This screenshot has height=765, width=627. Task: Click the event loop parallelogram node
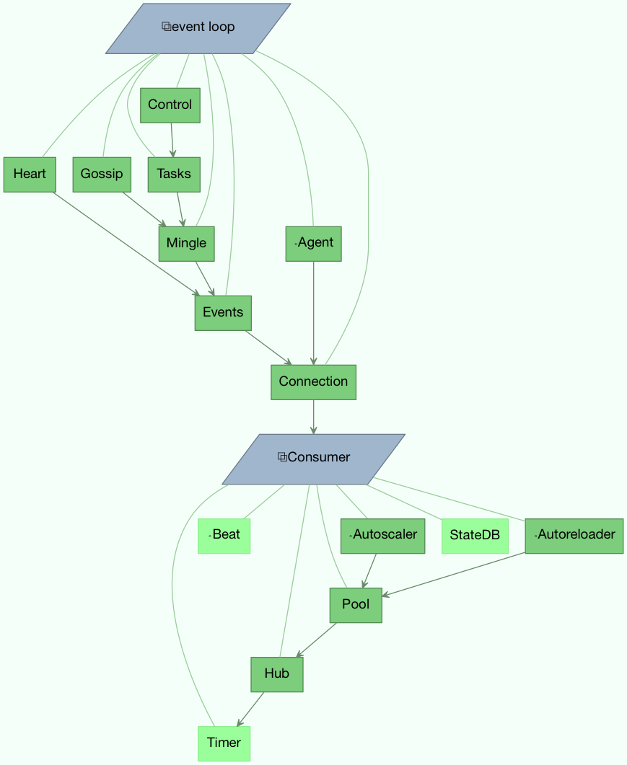coord(198,28)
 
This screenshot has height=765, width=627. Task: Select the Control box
coord(170,105)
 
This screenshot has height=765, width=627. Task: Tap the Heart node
coord(30,174)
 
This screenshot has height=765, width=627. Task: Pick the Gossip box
coord(102,174)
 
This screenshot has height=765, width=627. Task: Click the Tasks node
coord(174,174)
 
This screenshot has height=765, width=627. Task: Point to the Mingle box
coord(186,243)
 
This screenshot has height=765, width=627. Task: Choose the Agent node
coord(313,243)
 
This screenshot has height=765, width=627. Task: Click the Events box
coord(223,312)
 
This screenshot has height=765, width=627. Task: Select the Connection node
coord(313,381)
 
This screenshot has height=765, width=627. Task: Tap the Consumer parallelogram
coord(313,458)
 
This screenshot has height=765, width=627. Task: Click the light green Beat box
coord(224,535)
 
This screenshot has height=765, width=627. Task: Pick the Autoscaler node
coord(382,535)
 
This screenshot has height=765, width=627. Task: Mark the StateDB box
coord(475,535)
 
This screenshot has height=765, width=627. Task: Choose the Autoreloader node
coord(574,535)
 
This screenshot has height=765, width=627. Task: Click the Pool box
coord(356,605)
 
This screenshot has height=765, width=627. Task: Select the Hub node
coord(276,674)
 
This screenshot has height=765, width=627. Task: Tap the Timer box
coord(224,743)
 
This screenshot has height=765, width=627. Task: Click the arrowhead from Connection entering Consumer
coord(313,430)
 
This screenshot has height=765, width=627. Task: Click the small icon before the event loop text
coord(166,27)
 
